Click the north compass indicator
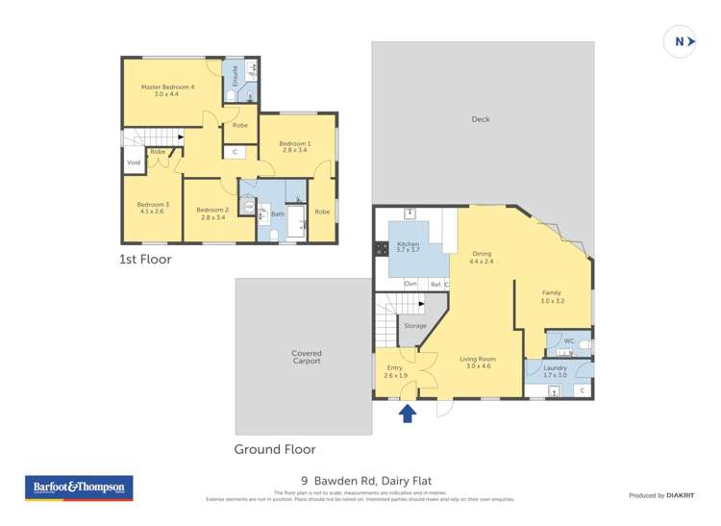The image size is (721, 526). [x=681, y=42]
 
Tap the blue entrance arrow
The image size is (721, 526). [x=408, y=413]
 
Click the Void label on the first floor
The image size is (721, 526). [x=134, y=163]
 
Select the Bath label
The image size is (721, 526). [x=278, y=213]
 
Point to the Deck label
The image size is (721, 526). [x=481, y=119]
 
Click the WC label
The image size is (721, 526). [x=569, y=340]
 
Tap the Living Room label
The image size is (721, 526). [x=479, y=363]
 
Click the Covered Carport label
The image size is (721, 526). [x=307, y=357]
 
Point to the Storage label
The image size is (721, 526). [x=415, y=326]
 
